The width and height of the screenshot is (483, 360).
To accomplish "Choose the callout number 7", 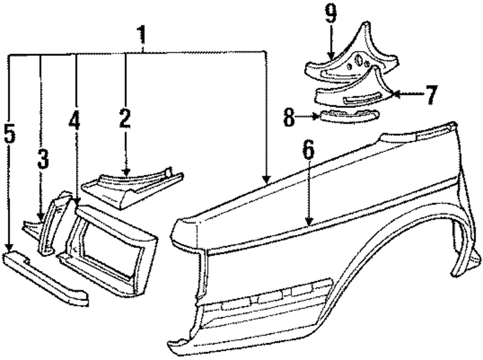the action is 431,95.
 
